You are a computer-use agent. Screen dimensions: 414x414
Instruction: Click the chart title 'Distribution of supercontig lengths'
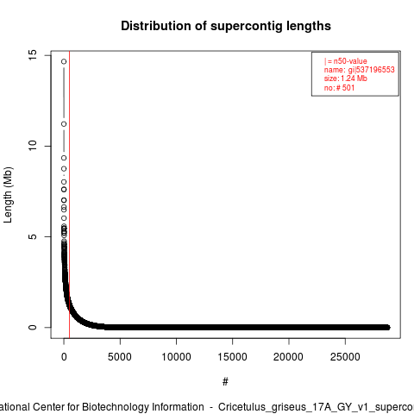tap(226, 26)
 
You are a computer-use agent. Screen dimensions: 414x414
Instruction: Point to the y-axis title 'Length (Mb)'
tap(8, 195)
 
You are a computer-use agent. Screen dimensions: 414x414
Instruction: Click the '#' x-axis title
tap(225, 381)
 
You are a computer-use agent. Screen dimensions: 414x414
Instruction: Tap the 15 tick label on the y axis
tap(33, 55)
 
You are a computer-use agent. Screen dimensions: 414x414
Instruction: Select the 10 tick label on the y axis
tap(33, 146)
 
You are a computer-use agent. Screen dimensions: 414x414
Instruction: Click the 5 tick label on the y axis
tap(33, 236)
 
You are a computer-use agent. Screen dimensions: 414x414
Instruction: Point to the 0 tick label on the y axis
tap(33, 327)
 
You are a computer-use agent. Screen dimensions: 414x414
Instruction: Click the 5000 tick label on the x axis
tap(120, 357)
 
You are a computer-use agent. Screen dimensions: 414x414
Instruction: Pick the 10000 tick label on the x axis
tap(176, 357)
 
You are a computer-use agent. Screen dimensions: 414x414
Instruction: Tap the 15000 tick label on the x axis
tap(232, 357)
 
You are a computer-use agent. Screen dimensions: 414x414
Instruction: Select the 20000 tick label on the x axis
tap(288, 357)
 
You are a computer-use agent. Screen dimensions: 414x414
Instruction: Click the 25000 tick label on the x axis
tap(345, 357)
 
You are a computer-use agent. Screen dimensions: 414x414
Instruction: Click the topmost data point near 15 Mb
tap(64, 61)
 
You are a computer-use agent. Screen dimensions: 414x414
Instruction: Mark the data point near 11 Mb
tap(64, 124)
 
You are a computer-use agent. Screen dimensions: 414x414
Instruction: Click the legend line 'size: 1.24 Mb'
tap(346, 78)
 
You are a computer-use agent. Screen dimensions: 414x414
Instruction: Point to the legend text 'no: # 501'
tap(339, 87)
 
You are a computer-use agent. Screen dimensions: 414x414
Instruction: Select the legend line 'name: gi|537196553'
tap(360, 70)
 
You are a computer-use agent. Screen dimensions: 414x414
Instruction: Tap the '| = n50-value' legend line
tap(346, 61)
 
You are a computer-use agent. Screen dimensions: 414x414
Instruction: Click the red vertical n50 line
tap(70, 195)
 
